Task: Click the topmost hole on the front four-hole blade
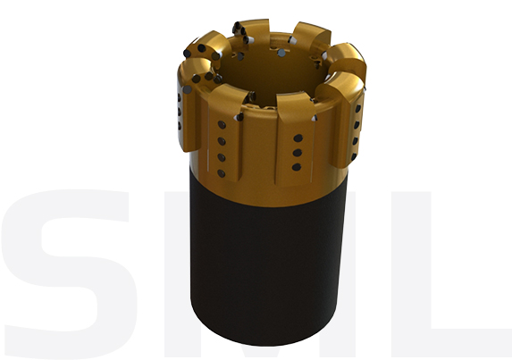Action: pyautogui.click(x=221, y=126)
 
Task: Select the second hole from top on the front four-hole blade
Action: pyautogui.click(x=221, y=141)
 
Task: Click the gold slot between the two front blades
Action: pyautogui.click(x=259, y=152)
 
